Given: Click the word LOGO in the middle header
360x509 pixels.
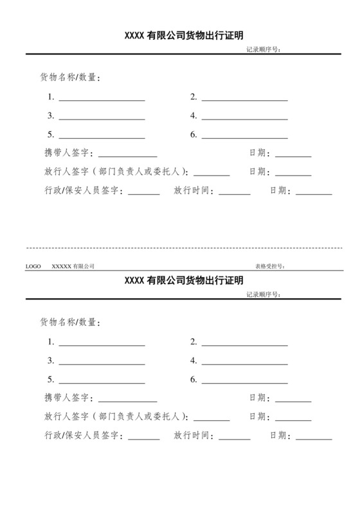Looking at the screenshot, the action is [33, 266].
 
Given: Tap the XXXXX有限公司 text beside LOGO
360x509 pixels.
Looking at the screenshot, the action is [73, 266].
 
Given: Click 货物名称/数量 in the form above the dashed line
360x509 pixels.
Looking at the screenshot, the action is [71, 78].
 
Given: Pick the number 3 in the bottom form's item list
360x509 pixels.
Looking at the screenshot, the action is [50, 361].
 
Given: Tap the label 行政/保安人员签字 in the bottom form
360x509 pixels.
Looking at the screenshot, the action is [82, 436].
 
